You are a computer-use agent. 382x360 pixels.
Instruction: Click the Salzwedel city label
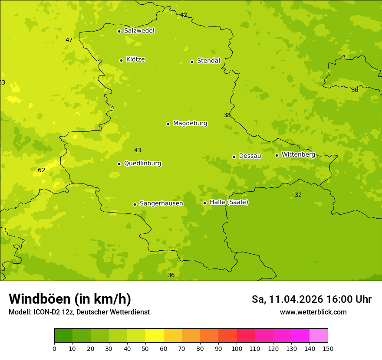pyautogui.click(x=139, y=31)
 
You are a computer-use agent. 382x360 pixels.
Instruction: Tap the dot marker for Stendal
pyautogui.click(x=192, y=62)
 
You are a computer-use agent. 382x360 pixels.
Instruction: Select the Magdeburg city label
pyautogui.click(x=190, y=124)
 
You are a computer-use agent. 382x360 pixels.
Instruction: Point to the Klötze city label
pyautogui.click(x=135, y=60)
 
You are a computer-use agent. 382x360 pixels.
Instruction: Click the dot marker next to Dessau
pyautogui.click(x=234, y=157)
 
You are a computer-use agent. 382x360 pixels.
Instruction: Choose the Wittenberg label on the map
pyautogui.click(x=298, y=155)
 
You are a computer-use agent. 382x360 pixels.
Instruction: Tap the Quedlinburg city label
pyautogui.click(x=142, y=164)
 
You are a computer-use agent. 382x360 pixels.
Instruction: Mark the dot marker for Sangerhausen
pyautogui.click(x=135, y=204)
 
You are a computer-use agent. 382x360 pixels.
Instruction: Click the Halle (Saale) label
pyautogui.click(x=229, y=203)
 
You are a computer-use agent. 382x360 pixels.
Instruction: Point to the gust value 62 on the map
pyautogui.click(x=42, y=170)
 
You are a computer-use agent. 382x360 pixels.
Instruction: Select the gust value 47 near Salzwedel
pyautogui.click(x=69, y=40)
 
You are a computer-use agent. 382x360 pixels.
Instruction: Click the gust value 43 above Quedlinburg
pyautogui.click(x=138, y=151)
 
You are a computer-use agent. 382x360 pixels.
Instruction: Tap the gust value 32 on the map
pyautogui.click(x=298, y=195)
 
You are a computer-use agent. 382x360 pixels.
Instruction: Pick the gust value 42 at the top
pyautogui.click(x=184, y=15)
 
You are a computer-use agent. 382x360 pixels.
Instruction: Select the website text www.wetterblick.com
pyautogui.click(x=313, y=312)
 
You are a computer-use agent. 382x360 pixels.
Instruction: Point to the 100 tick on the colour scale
pyautogui.click(x=237, y=348)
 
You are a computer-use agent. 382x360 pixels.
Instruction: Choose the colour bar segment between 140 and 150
pyautogui.click(x=319, y=336)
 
